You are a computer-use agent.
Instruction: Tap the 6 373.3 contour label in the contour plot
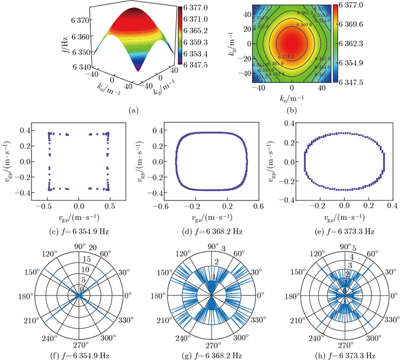coord(286,57)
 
